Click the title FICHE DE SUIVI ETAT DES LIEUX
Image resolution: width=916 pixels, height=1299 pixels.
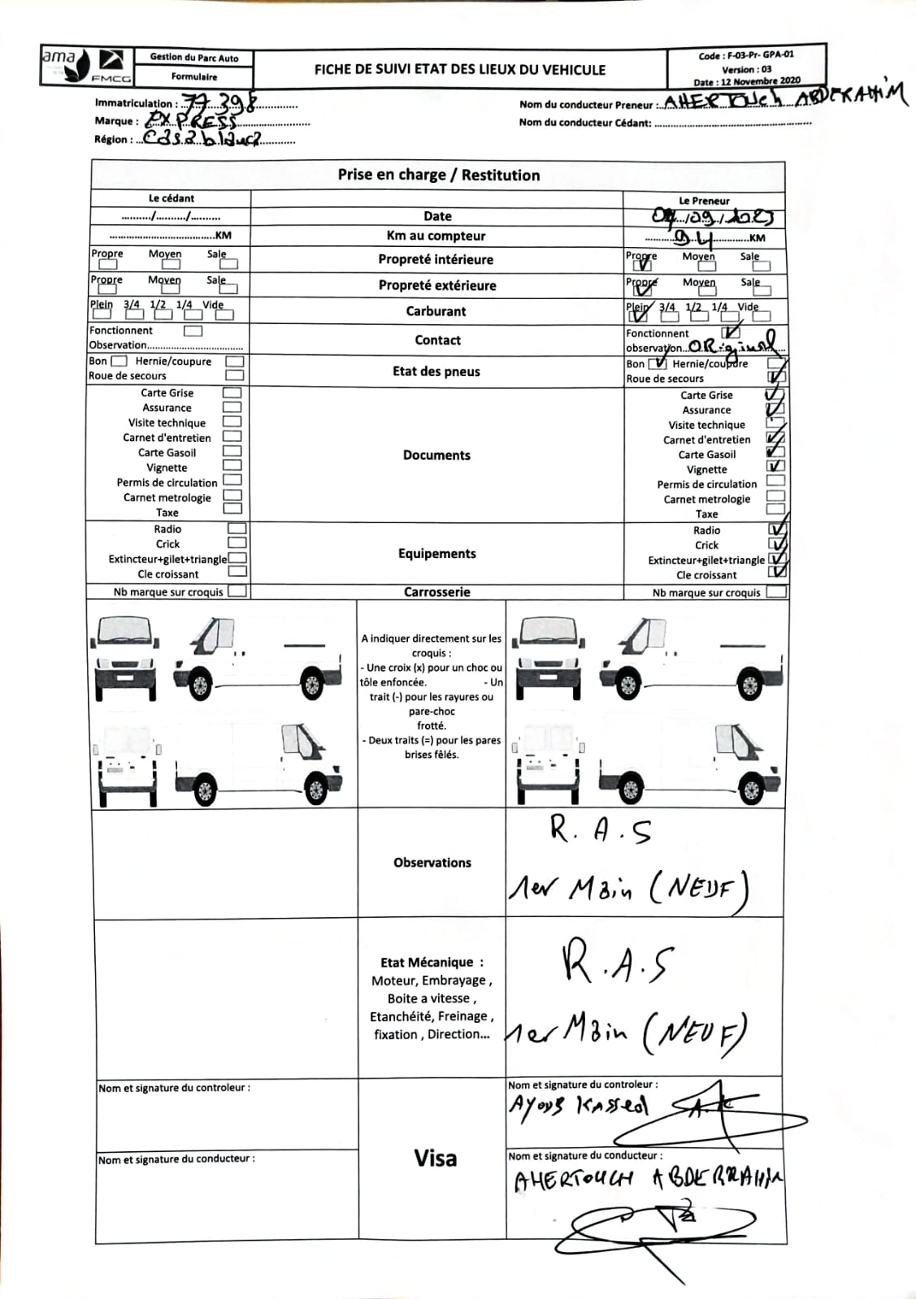[x=459, y=70]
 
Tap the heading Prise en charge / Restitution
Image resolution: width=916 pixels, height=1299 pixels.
[x=438, y=175]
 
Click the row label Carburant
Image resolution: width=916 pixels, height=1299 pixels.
[x=436, y=311]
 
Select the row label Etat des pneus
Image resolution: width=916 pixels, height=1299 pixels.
[x=436, y=371]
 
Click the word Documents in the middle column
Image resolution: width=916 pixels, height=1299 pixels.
[x=436, y=455]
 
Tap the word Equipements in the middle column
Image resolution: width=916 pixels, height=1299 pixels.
[x=436, y=553]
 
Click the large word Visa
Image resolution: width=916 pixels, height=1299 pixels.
[x=435, y=1158]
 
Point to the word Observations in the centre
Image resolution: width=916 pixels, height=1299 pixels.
[x=432, y=863]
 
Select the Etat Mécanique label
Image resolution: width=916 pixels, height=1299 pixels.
[x=432, y=963]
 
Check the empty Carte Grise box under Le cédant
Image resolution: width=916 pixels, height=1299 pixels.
[x=232, y=393]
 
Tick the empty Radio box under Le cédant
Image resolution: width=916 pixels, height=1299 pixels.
[x=237, y=529]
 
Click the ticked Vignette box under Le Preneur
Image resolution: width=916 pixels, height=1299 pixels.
[x=775, y=466]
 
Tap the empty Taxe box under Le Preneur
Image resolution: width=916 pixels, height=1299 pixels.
[x=775, y=509]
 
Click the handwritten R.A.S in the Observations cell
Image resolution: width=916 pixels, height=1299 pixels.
[x=600, y=830]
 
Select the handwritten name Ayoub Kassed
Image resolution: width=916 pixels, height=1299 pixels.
[x=578, y=1106]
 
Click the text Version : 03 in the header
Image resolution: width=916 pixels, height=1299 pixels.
[x=746, y=69]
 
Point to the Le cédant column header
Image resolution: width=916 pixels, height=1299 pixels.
[x=171, y=198]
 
